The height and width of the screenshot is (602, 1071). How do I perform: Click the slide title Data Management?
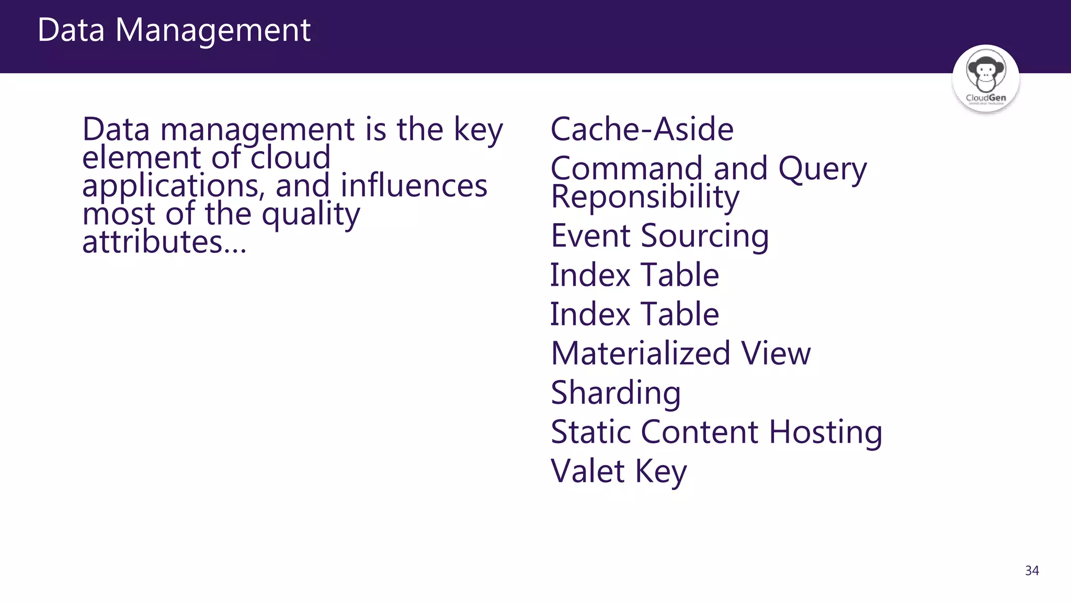click(x=174, y=30)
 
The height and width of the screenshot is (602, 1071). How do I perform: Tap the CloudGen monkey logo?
click(x=986, y=78)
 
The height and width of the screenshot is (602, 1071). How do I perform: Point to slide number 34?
click(x=1032, y=571)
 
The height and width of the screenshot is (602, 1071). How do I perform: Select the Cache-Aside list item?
click(x=642, y=129)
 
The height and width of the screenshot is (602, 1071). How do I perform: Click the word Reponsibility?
click(x=645, y=197)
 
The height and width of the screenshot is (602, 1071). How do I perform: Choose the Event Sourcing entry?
click(x=660, y=236)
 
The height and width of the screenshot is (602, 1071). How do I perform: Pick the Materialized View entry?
click(x=681, y=353)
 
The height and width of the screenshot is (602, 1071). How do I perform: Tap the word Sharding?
click(x=616, y=392)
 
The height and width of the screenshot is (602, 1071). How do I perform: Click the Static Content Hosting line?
click(x=716, y=432)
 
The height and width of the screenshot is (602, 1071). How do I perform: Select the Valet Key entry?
click(x=619, y=471)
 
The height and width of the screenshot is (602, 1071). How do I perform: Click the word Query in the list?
click(x=823, y=169)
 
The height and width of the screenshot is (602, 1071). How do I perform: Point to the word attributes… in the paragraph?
click(x=164, y=242)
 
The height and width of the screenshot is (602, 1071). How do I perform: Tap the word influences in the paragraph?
click(x=414, y=186)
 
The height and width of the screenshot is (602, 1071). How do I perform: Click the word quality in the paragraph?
click(x=311, y=214)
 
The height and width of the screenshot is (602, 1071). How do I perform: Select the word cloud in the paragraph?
click(x=291, y=157)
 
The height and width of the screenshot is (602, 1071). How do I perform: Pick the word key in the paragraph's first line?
click(x=478, y=130)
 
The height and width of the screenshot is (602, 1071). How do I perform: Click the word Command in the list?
click(x=626, y=168)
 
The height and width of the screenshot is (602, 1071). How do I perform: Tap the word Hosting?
click(x=826, y=432)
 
